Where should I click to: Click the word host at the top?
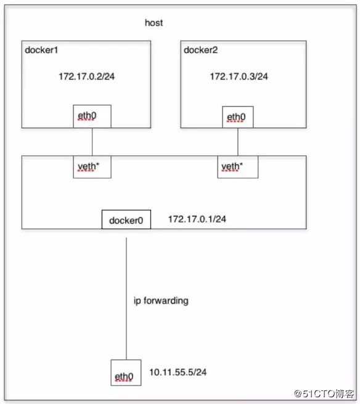tap(153, 23)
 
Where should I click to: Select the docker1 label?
tap(41, 50)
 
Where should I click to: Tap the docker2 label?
tap(200, 50)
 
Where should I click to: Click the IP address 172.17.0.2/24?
tap(87, 76)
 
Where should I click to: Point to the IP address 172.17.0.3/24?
tap(239, 76)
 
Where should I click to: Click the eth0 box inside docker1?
tap(92, 116)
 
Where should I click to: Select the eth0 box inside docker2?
tap(238, 117)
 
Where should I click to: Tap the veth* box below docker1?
tap(92, 167)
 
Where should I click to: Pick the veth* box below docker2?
tap(238, 167)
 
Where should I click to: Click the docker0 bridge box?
tap(126, 219)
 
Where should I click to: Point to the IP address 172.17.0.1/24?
tap(197, 219)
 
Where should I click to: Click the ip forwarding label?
tap(161, 301)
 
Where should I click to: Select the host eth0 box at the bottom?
tap(126, 373)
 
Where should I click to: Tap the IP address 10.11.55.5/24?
tap(178, 372)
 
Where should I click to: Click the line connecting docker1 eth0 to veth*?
tap(92, 142)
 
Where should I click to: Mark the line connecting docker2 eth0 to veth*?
tap(238, 142)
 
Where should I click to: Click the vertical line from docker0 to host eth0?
tap(126, 299)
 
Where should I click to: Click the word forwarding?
tap(166, 301)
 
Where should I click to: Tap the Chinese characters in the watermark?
tap(345, 394)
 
